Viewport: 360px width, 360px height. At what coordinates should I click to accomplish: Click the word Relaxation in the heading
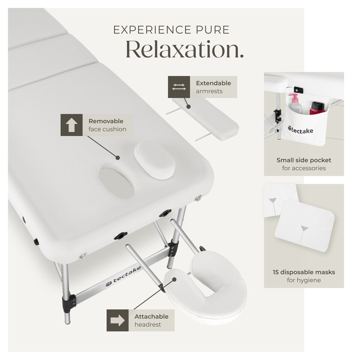[x=184, y=49]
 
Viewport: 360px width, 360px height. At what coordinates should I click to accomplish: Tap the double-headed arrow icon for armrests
[x=179, y=87]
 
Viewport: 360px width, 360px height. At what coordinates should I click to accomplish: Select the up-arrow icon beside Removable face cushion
[x=71, y=125]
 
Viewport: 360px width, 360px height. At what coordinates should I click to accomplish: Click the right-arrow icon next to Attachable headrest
[x=117, y=320]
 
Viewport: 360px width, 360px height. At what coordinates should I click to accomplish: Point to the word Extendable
[x=213, y=83]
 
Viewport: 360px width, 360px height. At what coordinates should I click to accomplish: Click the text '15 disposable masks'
[x=304, y=272]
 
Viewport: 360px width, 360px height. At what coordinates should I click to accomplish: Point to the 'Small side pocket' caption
[x=304, y=160]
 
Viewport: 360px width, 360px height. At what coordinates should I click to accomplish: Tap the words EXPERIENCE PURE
[x=171, y=30]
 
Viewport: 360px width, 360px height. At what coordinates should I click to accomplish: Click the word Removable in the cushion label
[x=106, y=121]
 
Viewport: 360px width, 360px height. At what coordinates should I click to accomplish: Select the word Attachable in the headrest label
[x=151, y=316]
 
